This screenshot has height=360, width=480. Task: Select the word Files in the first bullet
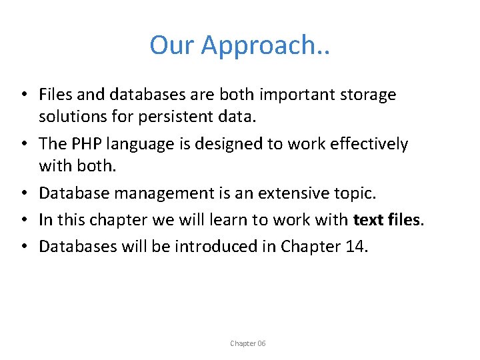[56, 95]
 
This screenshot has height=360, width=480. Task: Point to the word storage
[368, 95]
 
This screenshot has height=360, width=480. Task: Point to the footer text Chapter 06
[247, 343]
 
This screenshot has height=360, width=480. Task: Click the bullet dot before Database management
[23, 194]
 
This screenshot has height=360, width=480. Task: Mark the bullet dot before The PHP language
[23, 145]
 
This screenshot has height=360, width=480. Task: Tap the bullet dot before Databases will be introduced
[23, 247]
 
